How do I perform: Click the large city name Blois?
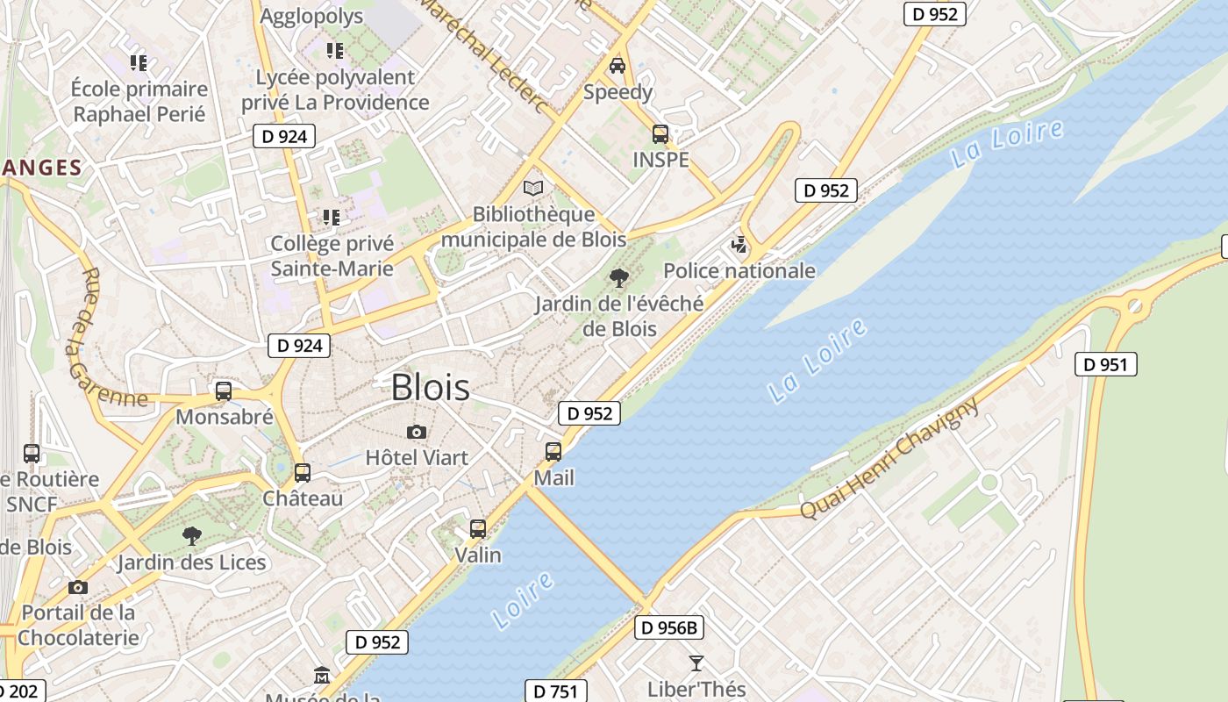(x=430, y=387)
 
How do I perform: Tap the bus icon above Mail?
(x=553, y=452)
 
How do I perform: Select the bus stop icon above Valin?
(x=478, y=528)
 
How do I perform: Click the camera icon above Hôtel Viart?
(x=417, y=432)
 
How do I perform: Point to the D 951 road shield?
(x=1106, y=364)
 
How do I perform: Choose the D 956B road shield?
(x=669, y=627)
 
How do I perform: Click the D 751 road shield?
(x=555, y=691)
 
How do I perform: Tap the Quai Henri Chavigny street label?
(x=889, y=458)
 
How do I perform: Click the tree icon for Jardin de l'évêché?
(x=619, y=278)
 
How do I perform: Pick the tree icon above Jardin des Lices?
(x=192, y=536)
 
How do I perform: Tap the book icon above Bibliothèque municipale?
(x=533, y=188)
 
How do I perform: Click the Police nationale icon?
(x=739, y=245)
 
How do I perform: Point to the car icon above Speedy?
(x=618, y=66)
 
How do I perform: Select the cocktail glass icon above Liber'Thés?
(x=696, y=663)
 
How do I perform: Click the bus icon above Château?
(x=303, y=472)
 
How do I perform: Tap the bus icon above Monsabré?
(x=224, y=391)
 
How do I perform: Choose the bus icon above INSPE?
(x=660, y=134)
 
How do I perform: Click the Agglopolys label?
(x=311, y=16)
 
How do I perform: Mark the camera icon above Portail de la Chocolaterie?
(x=78, y=587)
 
